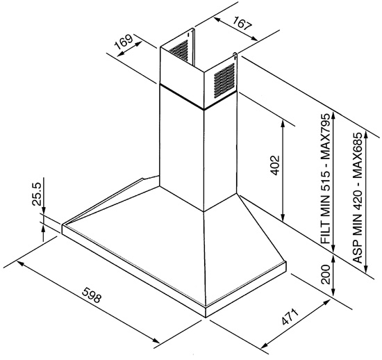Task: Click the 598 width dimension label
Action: click(92, 295)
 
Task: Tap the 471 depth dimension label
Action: click(290, 317)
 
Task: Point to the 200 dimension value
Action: click(326, 274)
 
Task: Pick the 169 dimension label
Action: click(124, 42)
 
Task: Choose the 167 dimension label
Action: click(242, 24)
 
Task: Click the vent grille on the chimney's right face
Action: click(224, 81)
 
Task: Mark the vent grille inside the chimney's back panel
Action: click(179, 51)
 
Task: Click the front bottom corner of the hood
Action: click(206, 317)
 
